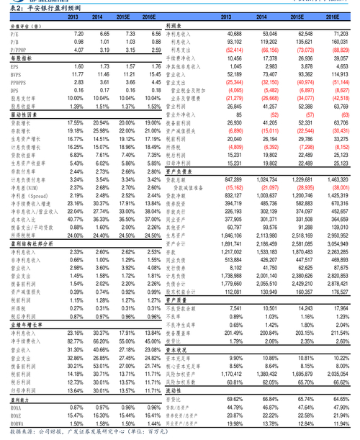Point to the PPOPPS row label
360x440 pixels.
(x=19, y=82)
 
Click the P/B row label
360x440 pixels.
(x=15, y=42)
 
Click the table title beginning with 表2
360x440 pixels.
(x=40, y=6)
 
